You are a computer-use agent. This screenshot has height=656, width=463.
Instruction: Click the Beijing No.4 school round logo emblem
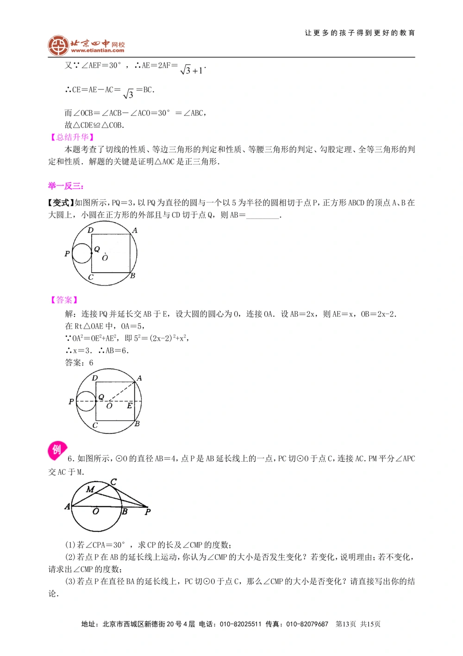(58, 45)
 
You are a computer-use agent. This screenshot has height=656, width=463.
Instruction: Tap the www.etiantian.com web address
(98, 51)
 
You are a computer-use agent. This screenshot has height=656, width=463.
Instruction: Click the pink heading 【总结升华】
(72, 137)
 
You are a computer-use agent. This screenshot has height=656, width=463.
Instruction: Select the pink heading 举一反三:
(66, 186)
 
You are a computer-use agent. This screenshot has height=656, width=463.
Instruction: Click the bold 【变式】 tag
(61, 203)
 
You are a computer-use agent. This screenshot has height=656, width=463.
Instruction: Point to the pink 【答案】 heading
(64, 300)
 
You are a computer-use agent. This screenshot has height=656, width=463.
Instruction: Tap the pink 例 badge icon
(57, 450)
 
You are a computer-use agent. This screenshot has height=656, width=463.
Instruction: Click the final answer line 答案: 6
(79, 363)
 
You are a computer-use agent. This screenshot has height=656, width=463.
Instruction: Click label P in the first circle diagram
(67, 254)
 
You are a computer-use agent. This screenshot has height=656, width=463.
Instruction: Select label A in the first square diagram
(135, 230)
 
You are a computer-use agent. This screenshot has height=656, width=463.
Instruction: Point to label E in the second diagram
(130, 406)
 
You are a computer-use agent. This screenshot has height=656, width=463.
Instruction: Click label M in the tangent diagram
(90, 489)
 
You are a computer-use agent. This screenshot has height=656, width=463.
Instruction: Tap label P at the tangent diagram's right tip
(148, 512)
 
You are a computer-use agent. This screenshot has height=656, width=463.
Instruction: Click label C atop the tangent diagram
(113, 482)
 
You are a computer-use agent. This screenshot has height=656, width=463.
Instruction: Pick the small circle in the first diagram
(82, 253)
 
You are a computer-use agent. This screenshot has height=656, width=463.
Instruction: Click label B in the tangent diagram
(125, 512)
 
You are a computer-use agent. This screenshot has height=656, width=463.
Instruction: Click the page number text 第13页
(346, 624)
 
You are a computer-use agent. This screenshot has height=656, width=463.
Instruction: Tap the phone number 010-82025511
(240, 624)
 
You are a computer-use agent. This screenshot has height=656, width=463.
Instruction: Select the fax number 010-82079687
(307, 624)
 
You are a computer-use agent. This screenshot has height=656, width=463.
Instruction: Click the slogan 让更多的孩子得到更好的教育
(360, 33)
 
